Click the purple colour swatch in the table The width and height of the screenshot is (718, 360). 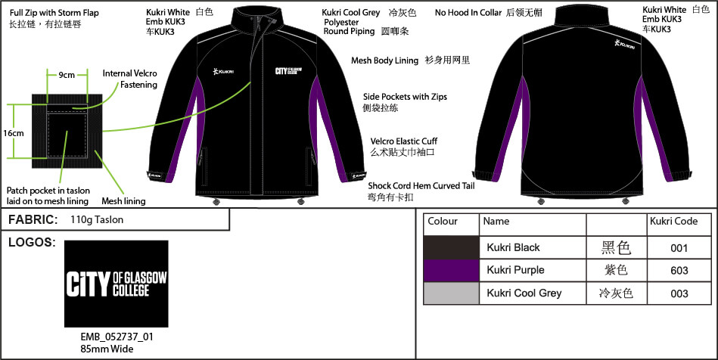pyautogui.click(x=451, y=270)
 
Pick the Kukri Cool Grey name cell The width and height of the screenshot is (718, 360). pyautogui.click(x=524, y=293)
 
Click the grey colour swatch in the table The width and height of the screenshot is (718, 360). pyautogui.click(x=451, y=293)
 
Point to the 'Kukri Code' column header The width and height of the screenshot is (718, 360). pyautogui.click(x=673, y=222)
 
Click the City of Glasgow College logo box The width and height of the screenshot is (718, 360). pyautogui.click(x=117, y=283)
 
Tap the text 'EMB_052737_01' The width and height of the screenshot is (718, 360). pyautogui.click(x=113, y=337)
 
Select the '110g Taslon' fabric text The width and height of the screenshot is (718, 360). pyautogui.click(x=97, y=219)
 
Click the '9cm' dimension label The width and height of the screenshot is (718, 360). pyautogui.click(x=67, y=76)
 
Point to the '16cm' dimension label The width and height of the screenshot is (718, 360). pyautogui.click(x=12, y=133)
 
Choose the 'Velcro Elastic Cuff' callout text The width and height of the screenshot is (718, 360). pyautogui.click(x=403, y=141)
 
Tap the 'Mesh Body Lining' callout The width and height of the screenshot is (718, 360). pyautogui.click(x=384, y=61)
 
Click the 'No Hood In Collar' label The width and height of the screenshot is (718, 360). pyautogui.click(x=468, y=13)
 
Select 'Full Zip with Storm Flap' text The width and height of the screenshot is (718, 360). pyautogui.click(x=54, y=14)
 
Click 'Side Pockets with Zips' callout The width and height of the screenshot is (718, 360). pyautogui.click(x=405, y=97)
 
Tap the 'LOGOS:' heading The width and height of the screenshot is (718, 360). pyautogui.click(x=30, y=243)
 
